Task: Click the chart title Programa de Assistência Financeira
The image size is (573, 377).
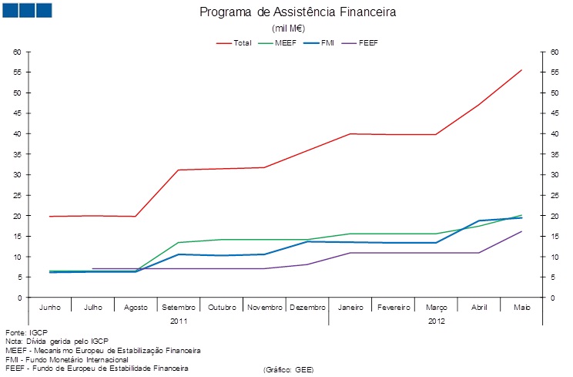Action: click(x=286, y=12)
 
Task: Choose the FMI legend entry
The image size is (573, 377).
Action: click(x=329, y=42)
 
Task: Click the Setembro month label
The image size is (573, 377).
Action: click(x=179, y=308)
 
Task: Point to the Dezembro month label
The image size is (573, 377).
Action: click(x=307, y=308)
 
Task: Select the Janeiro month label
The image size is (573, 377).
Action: click(x=350, y=308)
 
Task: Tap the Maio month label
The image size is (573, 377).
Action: click(x=521, y=308)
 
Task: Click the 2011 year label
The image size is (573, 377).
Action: click(x=179, y=320)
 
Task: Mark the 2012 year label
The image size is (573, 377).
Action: click(x=436, y=320)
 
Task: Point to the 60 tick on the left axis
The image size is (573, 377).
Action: click(x=16, y=52)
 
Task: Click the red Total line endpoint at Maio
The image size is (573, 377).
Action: click(x=521, y=70)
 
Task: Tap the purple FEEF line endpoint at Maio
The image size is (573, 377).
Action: click(x=521, y=231)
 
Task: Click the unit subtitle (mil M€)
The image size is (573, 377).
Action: click(x=286, y=28)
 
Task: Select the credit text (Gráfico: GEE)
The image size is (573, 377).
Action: click(x=288, y=369)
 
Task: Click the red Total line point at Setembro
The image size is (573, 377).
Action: click(x=179, y=170)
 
